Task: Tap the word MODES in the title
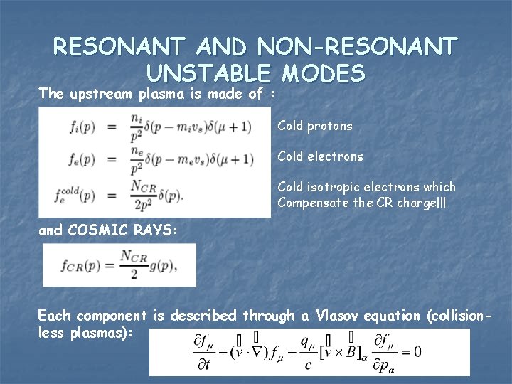click(x=324, y=73)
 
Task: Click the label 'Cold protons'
click(x=315, y=126)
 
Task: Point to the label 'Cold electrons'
click(x=320, y=156)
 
